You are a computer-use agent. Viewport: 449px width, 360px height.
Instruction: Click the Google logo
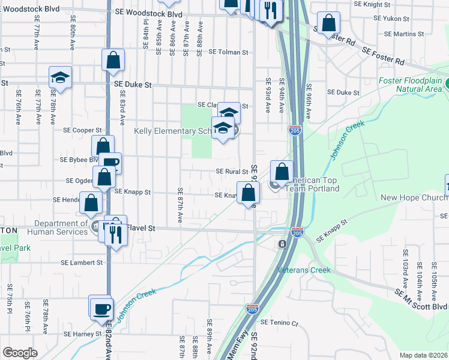pyautogui.click(x=20, y=353)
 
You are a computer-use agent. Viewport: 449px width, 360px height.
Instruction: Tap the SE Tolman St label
pyautogui.click(x=228, y=53)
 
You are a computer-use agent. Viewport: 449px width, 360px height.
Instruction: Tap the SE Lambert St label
pyautogui.click(x=82, y=263)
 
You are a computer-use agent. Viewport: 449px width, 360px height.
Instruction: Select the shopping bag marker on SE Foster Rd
pyautogui.click(x=329, y=23)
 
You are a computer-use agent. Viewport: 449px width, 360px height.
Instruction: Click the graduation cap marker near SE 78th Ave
pyautogui.click(x=60, y=77)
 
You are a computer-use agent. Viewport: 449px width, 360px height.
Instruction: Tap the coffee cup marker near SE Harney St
pyautogui.click(x=101, y=308)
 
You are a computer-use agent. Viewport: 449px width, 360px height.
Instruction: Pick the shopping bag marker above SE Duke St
pyautogui.click(x=113, y=60)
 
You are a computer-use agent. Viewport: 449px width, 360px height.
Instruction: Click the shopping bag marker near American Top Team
pyautogui.click(x=282, y=172)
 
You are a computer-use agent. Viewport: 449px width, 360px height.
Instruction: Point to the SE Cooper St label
pyautogui.click(x=83, y=130)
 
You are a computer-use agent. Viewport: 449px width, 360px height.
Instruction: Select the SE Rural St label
pyautogui.click(x=232, y=172)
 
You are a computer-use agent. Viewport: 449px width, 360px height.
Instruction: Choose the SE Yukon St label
pyautogui.click(x=391, y=19)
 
